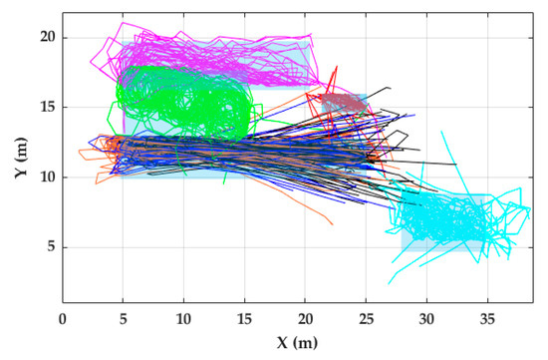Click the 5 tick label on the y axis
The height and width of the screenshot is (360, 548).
(47, 247)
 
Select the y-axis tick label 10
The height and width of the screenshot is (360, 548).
(44, 178)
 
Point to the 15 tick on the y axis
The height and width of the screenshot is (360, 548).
(44, 107)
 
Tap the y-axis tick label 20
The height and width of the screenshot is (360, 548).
(44, 37)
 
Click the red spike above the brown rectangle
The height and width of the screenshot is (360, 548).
(336, 70)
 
